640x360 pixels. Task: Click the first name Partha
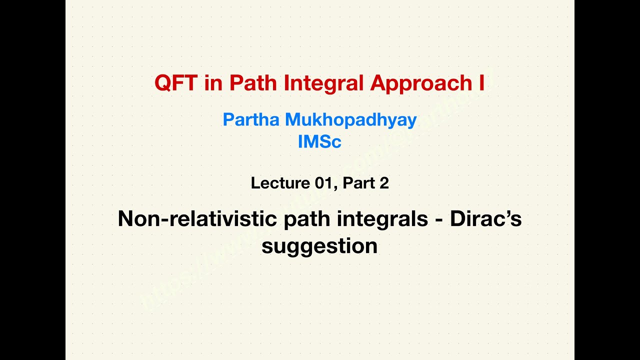click(251, 120)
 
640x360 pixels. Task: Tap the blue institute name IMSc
click(319, 142)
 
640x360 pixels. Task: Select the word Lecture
click(280, 183)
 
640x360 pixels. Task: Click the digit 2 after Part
click(384, 183)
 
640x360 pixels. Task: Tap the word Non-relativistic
click(197, 219)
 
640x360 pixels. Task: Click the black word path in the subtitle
click(304, 219)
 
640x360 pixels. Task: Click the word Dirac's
click(485, 219)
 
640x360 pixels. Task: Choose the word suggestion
click(319, 246)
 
